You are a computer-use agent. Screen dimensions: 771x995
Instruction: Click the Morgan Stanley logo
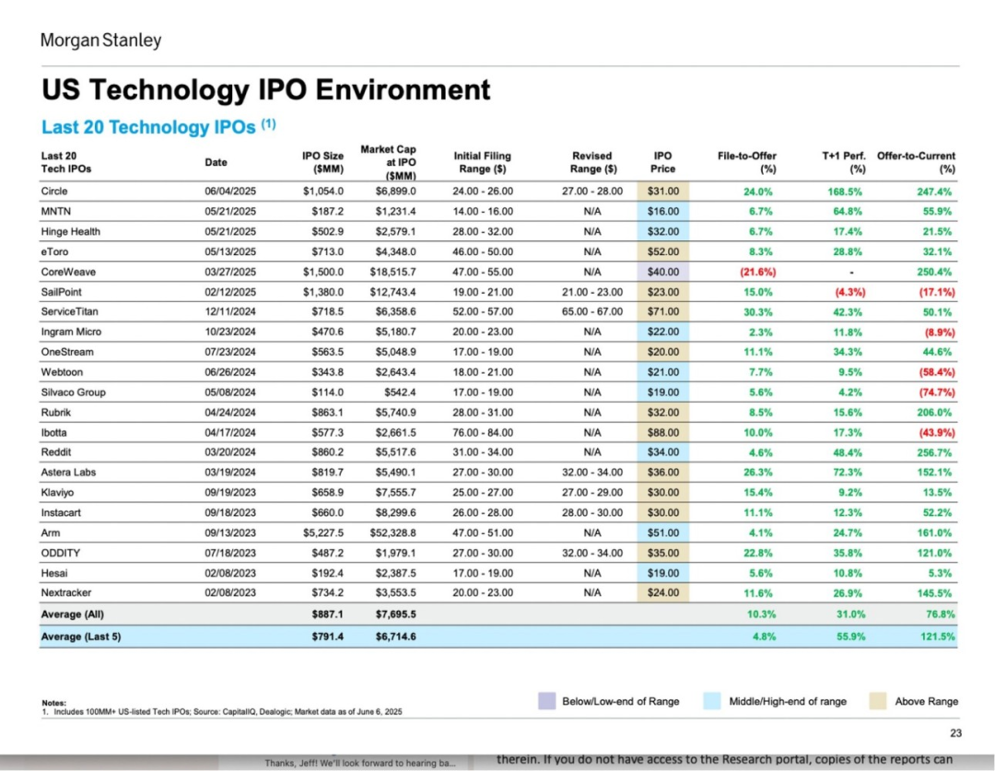[100, 40]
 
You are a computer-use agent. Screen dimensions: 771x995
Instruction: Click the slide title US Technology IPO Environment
[266, 90]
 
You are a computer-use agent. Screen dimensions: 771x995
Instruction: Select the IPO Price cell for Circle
[662, 192]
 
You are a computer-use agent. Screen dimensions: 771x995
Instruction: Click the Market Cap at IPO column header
[388, 162]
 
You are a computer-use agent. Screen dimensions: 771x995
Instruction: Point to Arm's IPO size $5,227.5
[322, 532]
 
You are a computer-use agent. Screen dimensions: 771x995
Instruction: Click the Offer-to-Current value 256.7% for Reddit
[934, 452]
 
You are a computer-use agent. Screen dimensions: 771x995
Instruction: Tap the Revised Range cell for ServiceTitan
[592, 312]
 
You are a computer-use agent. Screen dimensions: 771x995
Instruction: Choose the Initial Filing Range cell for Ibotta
[483, 432]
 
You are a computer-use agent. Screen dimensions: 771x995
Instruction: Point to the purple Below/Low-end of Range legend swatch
[546, 701]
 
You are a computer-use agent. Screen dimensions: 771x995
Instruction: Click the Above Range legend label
[926, 701]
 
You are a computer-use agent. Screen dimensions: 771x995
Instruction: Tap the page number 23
[954, 733]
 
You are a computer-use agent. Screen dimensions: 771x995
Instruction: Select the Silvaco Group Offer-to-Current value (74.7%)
[934, 392]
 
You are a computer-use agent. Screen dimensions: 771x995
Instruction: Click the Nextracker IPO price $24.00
[662, 592]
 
